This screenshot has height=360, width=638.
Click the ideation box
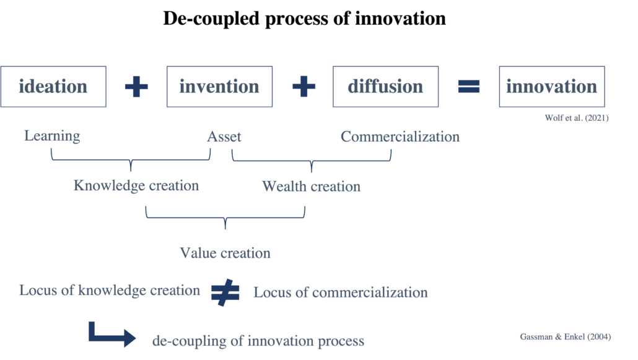click(x=53, y=87)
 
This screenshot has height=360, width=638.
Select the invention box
click(x=219, y=87)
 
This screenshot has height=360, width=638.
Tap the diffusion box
click(x=385, y=87)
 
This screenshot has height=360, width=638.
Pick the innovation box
click(x=551, y=87)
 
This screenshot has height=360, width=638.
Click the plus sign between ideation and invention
click(x=136, y=87)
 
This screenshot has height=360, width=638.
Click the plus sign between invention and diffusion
click(x=304, y=87)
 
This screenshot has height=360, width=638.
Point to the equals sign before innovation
click(x=469, y=87)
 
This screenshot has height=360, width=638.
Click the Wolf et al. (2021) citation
click(x=576, y=118)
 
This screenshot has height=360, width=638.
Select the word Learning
click(x=52, y=136)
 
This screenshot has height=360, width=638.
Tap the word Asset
click(x=224, y=136)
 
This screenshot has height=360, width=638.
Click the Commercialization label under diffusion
click(x=400, y=136)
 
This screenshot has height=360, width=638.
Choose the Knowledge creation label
click(x=136, y=185)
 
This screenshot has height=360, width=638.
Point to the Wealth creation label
click(x=311, y=186)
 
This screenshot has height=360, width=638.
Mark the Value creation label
click(x=225, y=253)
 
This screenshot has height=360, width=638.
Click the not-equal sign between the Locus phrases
click(x=225, y=292)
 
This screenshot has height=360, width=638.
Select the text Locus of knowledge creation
click(x=110, y=290)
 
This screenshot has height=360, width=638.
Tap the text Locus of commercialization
click(x=340, y=292)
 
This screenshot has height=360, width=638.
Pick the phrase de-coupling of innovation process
click(x=258, y=341)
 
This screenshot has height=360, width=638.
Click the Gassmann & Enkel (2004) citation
click(x=565, y=336)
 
